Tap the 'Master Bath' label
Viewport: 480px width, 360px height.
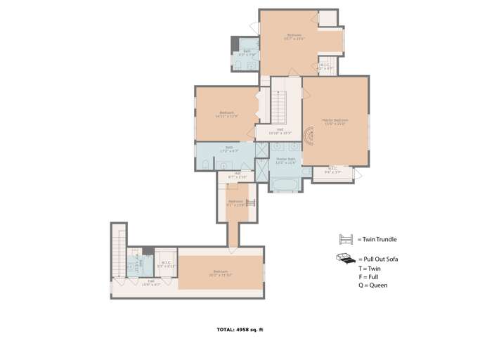tap(286, 160)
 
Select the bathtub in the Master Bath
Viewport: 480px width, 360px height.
tap(286, 184)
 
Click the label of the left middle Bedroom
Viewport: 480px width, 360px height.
tap(226, 114)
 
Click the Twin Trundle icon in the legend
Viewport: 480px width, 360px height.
tap(346, 240)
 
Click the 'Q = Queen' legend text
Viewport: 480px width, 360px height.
tap(372, 285)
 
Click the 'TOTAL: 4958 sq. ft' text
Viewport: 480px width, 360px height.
tap(240, 329)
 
